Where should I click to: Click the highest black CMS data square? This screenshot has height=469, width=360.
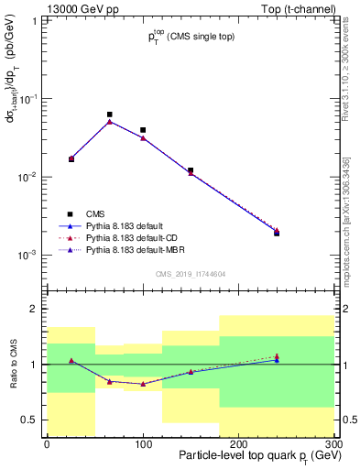pyautogui.click(x=110, y=115)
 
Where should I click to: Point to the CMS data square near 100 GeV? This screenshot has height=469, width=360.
pyautogui.click(x=143, y=130)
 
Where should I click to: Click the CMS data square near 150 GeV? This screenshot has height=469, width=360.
pyautogui.click(x=191, y=170)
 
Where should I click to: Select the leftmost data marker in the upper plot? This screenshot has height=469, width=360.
pyautogui.click(x=71, y=159)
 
